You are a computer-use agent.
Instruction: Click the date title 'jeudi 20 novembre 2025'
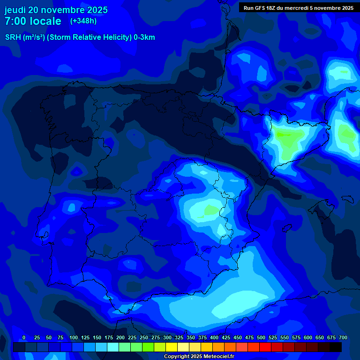tap(56, 10)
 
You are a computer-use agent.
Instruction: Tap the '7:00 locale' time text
tap(33, 21)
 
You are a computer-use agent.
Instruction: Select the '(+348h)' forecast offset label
tap(83, 21)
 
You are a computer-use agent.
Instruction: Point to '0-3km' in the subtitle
tap(144, 37)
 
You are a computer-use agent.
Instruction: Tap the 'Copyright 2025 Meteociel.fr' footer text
tap(199, 357)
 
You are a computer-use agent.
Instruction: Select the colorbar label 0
tap(24, 337)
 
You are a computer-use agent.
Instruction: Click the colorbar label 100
tap(73, 337)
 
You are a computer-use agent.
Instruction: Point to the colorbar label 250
tap(144, 337)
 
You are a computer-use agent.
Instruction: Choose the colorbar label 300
tap(167, 337)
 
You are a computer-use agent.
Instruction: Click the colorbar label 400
tap(214, 337)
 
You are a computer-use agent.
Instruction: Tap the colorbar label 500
tap(261, 337)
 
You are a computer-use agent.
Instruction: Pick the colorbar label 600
tap(308, 337)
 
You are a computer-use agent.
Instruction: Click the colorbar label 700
tap(343, 337)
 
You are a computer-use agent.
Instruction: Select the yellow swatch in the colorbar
tap(172, 347)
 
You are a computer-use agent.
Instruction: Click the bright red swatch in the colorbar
tap(265, 347)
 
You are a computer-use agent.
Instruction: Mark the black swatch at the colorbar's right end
tap(336, 347)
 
